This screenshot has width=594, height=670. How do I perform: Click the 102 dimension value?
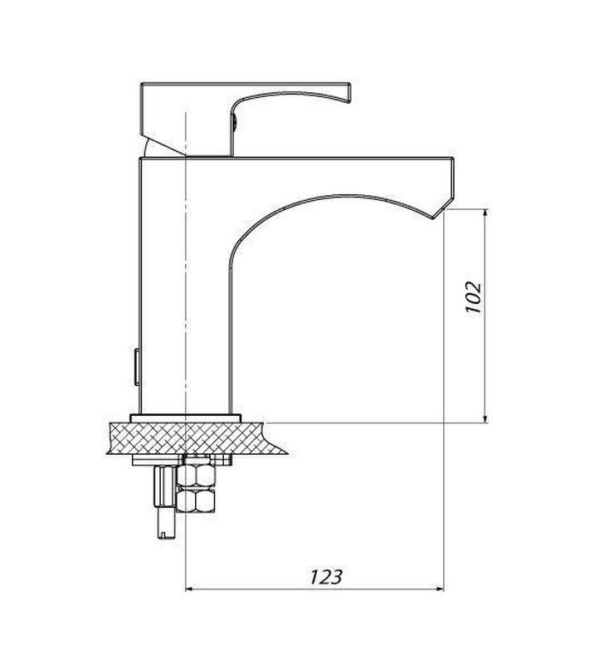click(x=474, y=297)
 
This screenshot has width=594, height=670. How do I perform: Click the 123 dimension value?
click(x=326, y=577)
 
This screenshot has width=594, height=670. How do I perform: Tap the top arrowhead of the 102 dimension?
click(x=485, y=213)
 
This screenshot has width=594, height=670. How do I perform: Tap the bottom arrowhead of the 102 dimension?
click(x=485, y=418)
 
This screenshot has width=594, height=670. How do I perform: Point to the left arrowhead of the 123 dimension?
click(x=191, y=589)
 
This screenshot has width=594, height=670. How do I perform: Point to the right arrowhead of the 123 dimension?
click(x=439, y=589)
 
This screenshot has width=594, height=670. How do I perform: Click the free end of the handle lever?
click(x=348, y=93)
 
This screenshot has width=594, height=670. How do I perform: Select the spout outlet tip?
click(x=434, y=218)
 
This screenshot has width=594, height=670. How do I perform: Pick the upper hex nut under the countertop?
click(x=196, y=475)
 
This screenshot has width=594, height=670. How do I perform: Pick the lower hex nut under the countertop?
click(x=196, y=500)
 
